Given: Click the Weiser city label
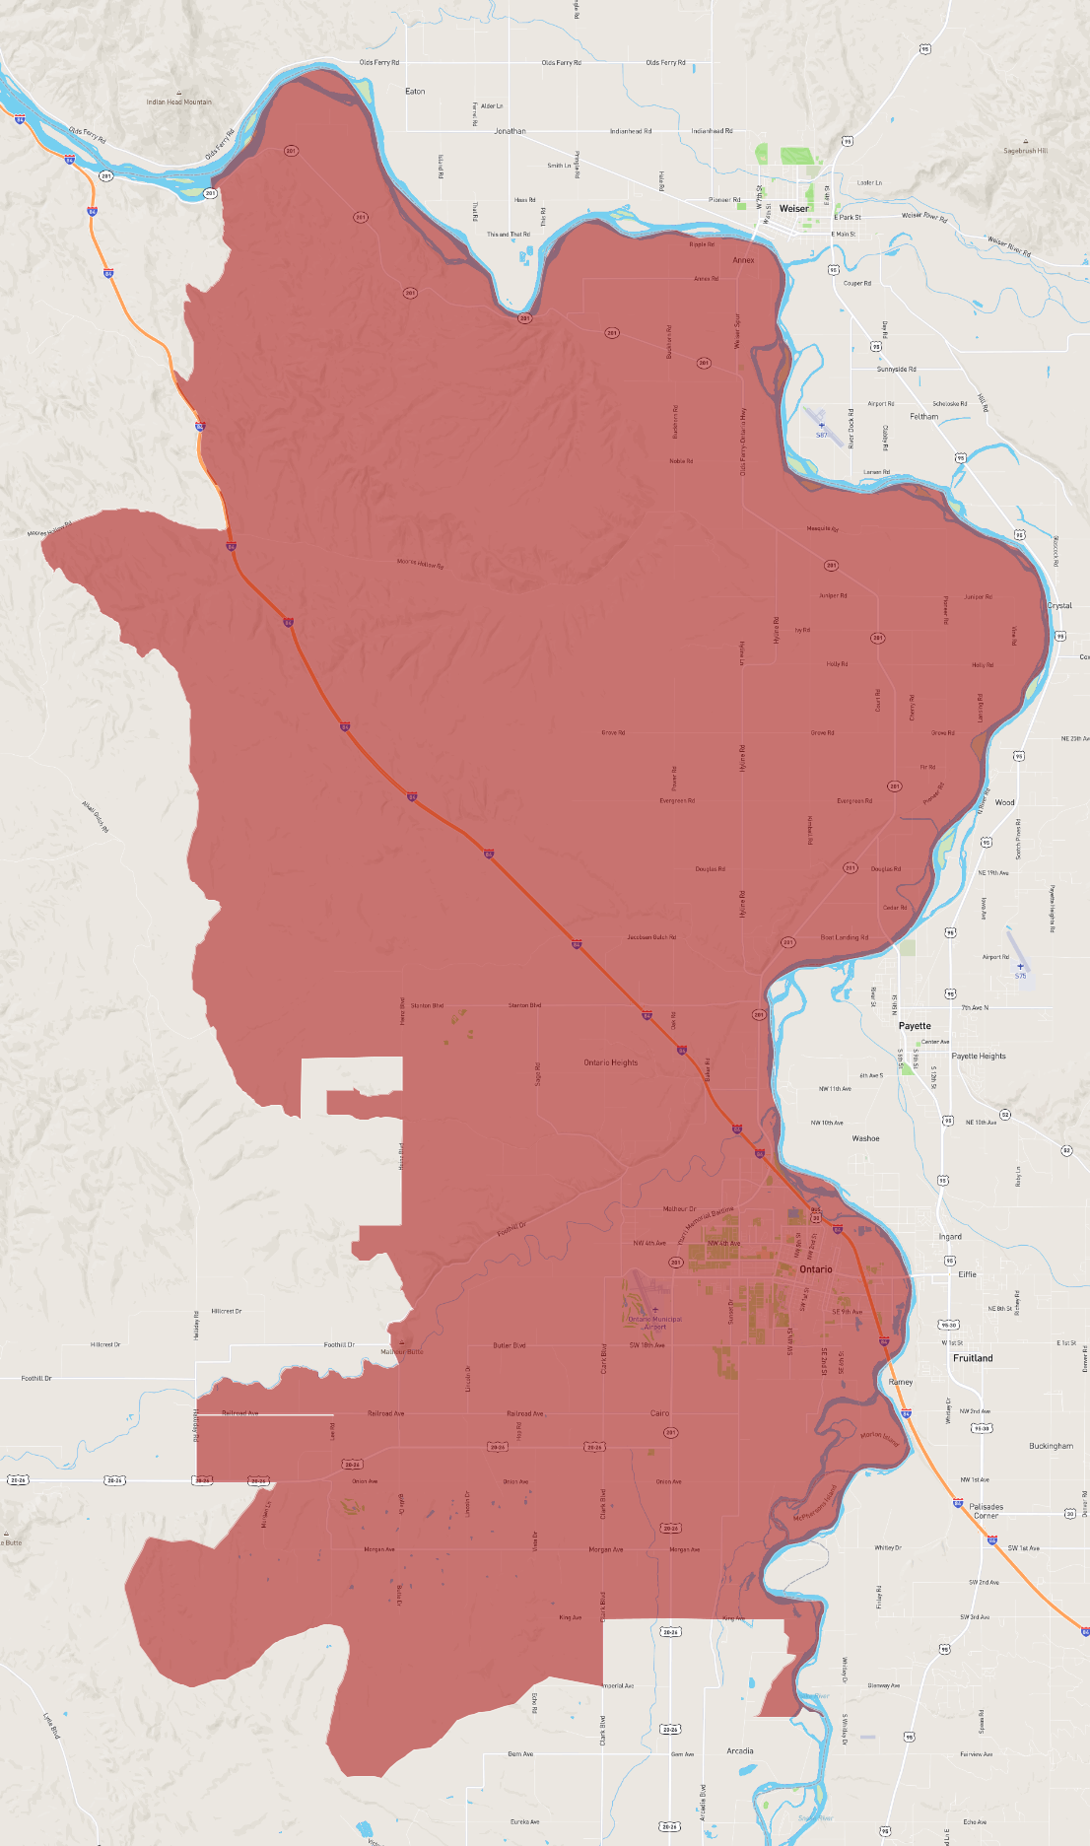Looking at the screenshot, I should pos(793,209).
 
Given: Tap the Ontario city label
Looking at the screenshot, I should pos(815,1269).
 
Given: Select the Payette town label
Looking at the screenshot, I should pos(914,1026).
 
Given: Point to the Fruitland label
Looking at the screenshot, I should pos(973,1358).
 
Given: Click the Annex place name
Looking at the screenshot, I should pos(743,260).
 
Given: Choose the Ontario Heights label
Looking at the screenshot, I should pos(610,1062).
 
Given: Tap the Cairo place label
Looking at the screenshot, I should pos(659,1413).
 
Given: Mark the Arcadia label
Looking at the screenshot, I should pos(739,1751).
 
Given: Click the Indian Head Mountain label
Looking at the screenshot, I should pos(178,102).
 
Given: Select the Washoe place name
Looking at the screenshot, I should pos(865,1138).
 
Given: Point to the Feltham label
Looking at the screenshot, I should pos(923,417).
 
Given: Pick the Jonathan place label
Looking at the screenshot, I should pos(510,131).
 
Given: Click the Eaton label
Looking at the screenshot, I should pos(415,92).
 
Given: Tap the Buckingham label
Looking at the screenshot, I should pos(1051,1446).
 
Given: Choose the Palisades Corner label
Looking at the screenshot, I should pos(986,1511).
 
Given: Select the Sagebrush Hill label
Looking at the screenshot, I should pos(1025,151).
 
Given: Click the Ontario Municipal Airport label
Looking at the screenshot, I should pos(654,1323).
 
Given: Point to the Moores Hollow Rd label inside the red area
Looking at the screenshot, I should pos(420,564).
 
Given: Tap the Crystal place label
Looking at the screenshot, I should pos(1059,606).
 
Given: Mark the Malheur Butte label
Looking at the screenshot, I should pos(401,1351).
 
